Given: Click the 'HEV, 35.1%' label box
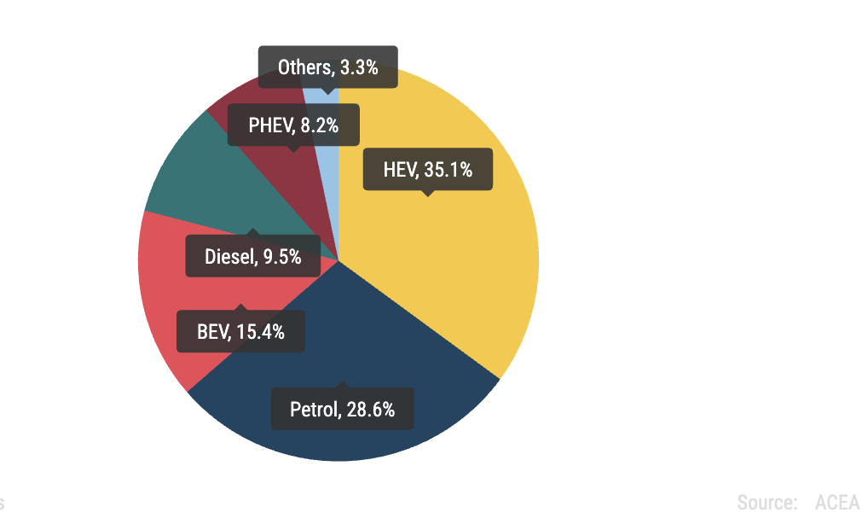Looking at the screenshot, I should (x=427, y=170).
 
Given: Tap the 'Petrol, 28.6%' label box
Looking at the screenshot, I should (x=342, y=409).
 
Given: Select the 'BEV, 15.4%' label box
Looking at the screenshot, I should (x=240, y=331).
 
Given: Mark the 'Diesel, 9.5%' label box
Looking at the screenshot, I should (x=252, y=256).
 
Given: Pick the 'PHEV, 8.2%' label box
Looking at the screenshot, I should (x=293, y=125).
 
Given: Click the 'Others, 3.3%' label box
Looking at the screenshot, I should (x=327, y=67).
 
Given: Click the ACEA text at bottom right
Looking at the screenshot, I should (x=837, y=502).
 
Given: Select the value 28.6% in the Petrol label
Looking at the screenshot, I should (x=371, y=409).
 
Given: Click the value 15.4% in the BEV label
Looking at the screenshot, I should (x=260, y=331).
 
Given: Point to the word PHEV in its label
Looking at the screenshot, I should (x=270, y=125).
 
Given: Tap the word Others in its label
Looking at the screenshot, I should (x=304, y=67).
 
